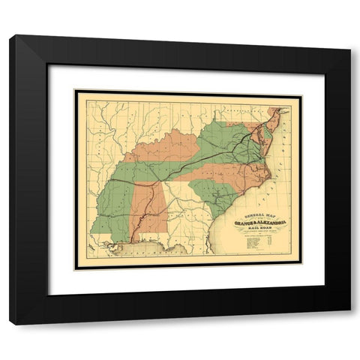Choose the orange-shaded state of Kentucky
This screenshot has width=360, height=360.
172,142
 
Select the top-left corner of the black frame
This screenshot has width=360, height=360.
10,36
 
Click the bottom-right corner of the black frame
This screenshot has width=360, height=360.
349,324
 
